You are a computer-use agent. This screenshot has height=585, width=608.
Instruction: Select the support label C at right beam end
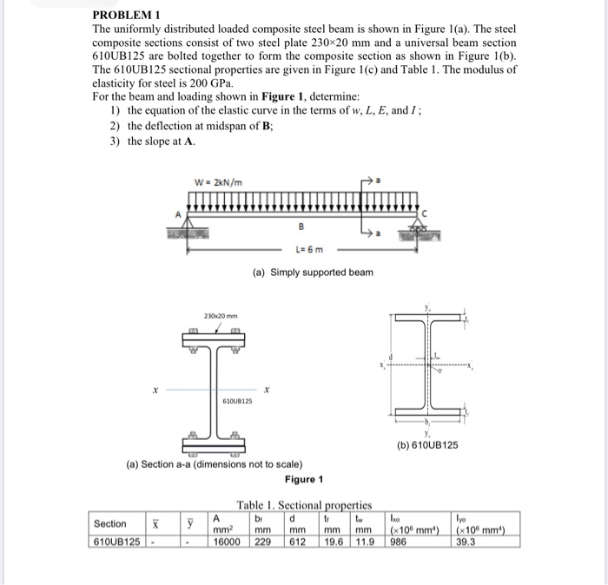pyautogui.click(x=424, y=212)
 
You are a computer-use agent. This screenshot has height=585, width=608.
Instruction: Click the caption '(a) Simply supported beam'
pyautogui.click(x=313, y=273)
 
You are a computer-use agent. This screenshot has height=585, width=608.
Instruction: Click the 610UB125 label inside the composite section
pyautogui.click(x=236, y=402)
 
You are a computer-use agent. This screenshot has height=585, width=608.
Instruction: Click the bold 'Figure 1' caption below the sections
pyautogui.click(x=303, y=480)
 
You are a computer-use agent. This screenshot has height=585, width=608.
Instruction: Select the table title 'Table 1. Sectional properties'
pyautogui.click(x=304, y=504)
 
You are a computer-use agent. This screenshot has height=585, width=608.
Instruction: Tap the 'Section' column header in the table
pyautogui.click(x=110, y=523)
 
